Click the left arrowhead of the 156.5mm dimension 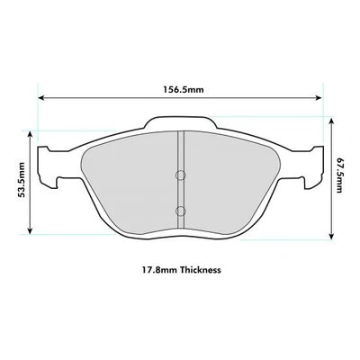point(39,100)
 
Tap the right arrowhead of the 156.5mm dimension point(322,100)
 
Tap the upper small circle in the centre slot point(180,175)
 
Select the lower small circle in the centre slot point(180,211)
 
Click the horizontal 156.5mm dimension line point(243,100)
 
